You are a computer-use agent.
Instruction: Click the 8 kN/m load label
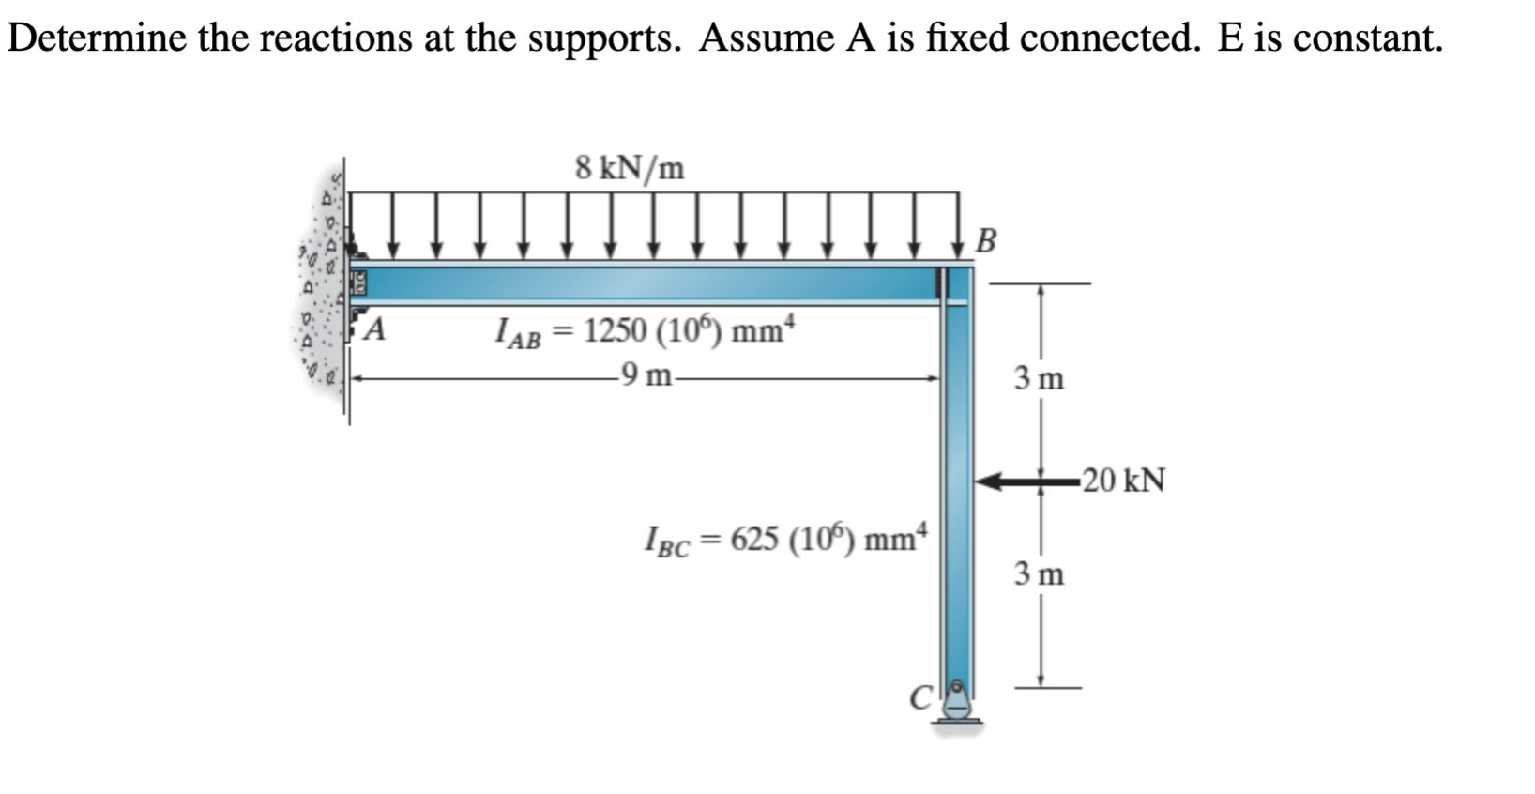tap(630, 169)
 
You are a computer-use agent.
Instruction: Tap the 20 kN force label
tap(1123, 481)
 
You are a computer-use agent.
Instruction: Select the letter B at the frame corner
tap(985, 240)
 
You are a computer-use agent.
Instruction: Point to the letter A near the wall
tap(375, 329)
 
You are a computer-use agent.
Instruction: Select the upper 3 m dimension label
tap(1039, 379)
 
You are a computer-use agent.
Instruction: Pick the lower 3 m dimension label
tap(1039, 573)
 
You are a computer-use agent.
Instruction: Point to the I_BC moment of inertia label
tap(785, 540)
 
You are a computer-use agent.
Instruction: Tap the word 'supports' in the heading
tap(603, 38)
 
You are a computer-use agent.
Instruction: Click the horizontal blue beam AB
tap(647, 283)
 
